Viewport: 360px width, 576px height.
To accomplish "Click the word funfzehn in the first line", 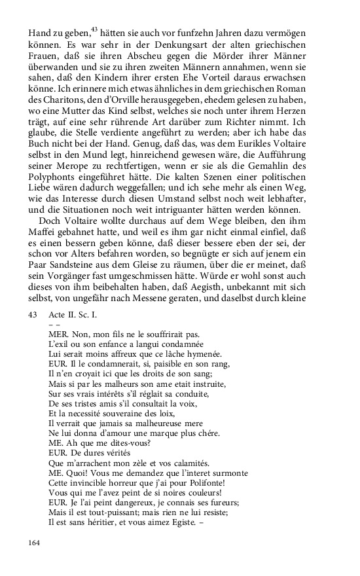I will click(206, 31).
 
